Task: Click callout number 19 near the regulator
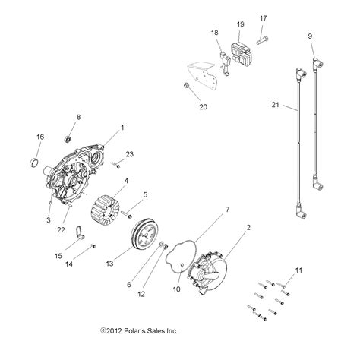tap(240, 24)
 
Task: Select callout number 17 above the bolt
tap(264, 18)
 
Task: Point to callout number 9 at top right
tap(310, 36)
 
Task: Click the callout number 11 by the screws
tap(298, 271)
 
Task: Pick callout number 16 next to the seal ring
tap(40, 137)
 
